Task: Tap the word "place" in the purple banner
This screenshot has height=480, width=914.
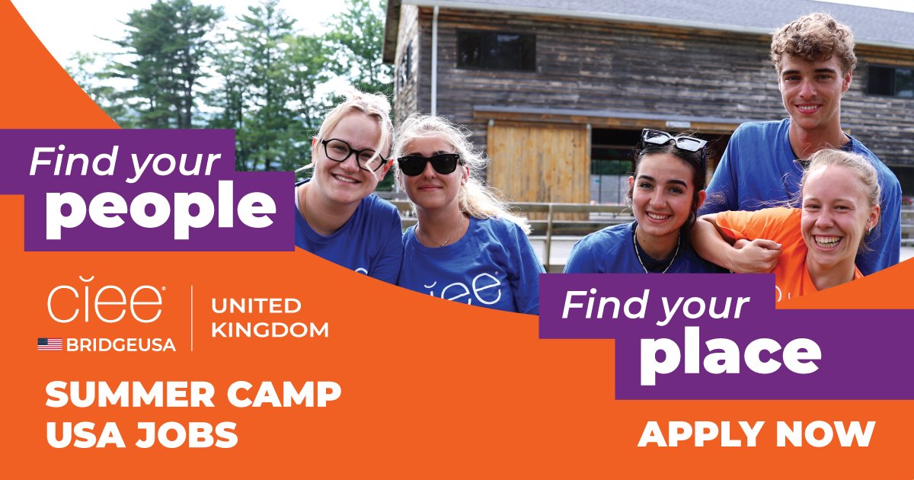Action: click(x=730, y=355)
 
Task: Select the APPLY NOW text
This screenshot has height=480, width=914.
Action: click(x=756, y=434)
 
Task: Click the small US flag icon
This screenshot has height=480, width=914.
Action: click(x=50, y=344)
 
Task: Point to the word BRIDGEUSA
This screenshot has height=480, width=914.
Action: click(x=120, y=344)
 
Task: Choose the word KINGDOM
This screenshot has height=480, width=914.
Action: click(x=270, y=330)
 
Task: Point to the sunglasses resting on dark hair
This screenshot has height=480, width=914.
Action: click(x=673, y=141)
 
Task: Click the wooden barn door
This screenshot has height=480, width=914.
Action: click(x=537, y=162)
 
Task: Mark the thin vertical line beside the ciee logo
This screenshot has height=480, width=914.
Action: click(x=191, y=318)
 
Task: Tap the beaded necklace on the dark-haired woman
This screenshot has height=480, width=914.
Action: click(x=657, y=259)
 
